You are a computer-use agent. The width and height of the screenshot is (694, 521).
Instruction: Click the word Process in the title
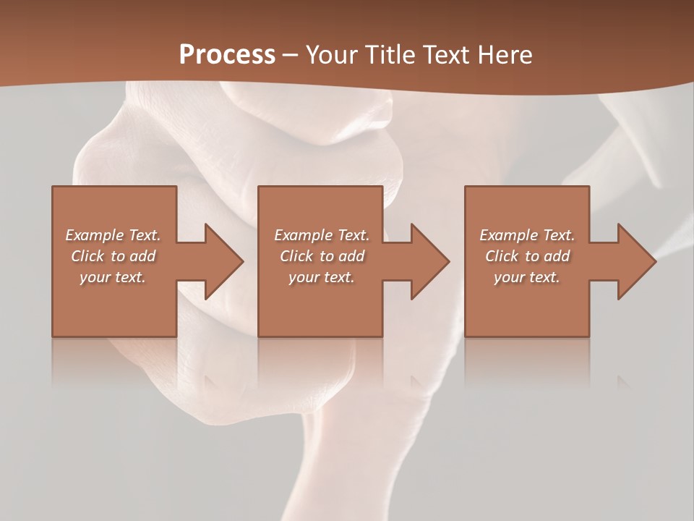click(227, 55)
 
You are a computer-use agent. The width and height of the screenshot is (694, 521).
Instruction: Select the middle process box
click(320, 308)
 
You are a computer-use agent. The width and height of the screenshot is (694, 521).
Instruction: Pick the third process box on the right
click(526, 308)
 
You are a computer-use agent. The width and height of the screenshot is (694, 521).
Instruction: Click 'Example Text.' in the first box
click(113, 235)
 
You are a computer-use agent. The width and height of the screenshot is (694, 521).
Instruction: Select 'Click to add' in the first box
click(113, 256)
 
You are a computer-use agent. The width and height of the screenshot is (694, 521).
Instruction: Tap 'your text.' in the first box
click(113, 277)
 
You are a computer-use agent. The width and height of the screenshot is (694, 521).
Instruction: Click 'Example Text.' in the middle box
click(322, 235)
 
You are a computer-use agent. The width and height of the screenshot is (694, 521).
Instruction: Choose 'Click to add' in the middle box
click(322, 256)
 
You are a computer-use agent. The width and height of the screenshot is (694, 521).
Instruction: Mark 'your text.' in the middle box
click(322, 277)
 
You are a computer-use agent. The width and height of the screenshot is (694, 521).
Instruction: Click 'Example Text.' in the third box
click(527, 235)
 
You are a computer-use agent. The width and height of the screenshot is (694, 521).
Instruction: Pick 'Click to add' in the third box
click(527, 256)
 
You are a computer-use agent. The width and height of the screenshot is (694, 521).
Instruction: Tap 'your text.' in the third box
click(527, 277)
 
